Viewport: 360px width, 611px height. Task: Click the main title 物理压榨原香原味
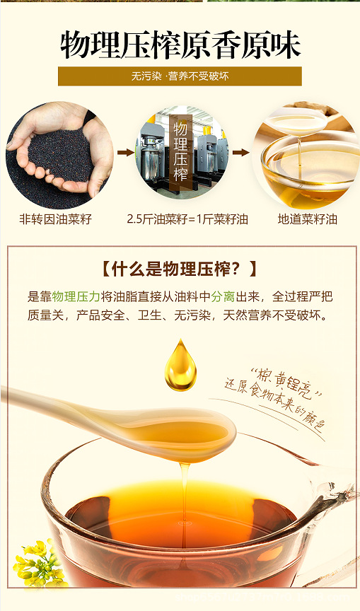(180, 45)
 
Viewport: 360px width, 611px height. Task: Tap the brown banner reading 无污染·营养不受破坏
(180, 76)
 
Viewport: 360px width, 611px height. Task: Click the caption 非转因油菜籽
(55, 219)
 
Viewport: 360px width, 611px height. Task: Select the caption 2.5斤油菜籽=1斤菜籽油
(187, 219)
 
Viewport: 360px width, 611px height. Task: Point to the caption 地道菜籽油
(308, 219)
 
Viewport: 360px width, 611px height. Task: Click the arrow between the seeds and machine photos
(126, 152)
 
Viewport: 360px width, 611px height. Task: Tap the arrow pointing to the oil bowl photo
(240, 152)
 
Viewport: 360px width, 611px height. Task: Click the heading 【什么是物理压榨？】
(180, 269)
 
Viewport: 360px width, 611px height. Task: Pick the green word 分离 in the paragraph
(223, 296)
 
